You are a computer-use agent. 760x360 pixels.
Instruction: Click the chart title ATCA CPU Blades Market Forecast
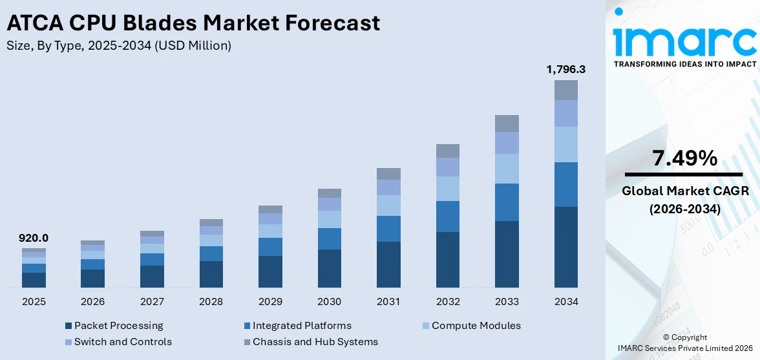tap(193, 23)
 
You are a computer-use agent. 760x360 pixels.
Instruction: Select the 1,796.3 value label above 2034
tap(565, 69)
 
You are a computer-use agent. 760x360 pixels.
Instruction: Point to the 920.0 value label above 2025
tap(34, 238)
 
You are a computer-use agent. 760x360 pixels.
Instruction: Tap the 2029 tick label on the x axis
tap(270, 301)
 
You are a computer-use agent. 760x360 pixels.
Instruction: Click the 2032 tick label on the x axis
tap(447, 301)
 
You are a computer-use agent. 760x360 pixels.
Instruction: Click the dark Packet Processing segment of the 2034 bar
tap(565, 247)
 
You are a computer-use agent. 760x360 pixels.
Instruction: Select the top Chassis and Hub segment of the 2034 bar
tap(565, 90)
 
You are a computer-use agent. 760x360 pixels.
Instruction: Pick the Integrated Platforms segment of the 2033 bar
tap(507, 202)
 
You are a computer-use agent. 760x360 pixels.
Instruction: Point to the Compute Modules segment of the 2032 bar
tap(447, 189)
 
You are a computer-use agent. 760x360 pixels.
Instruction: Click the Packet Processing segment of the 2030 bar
tap(329, 268)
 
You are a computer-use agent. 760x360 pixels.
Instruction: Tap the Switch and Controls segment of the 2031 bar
tap(388, 187)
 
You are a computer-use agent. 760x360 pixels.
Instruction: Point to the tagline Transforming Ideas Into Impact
tap(684, 64)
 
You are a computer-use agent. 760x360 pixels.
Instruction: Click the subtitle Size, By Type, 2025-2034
tap(118, 45)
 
